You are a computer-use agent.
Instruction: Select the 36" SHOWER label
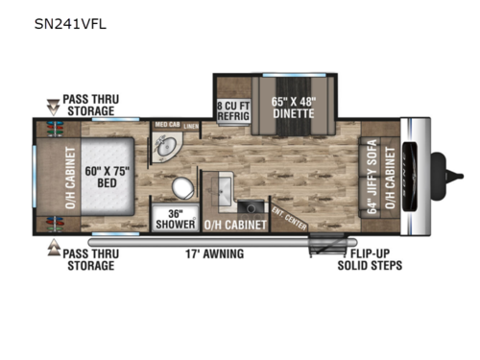pyautogui.click(x=174, y=218)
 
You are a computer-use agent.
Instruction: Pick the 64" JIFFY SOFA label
pyautogui.click(x=368, y=179)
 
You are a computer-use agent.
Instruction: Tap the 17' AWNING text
pyautogui.click(x=214, y=253)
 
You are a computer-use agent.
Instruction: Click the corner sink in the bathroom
pyautogui.click(x=166, y=147)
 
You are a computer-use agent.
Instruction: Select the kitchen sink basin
pyautogui.click(x=227, y=186)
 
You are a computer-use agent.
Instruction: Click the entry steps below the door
pyautogui.click(x=320, y=248)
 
